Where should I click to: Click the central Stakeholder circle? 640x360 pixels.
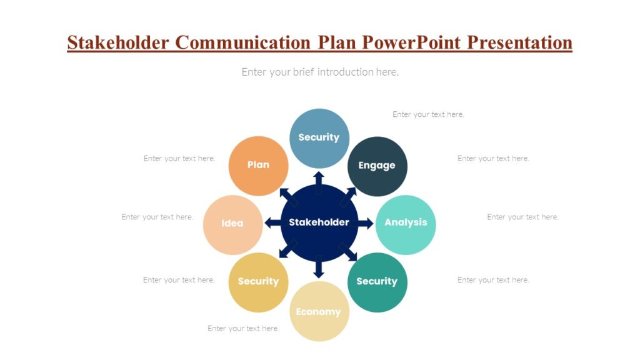(x=319, y=222)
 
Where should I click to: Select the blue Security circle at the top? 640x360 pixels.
(x=319, y=138)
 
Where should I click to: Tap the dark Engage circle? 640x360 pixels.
(x=377, y=166)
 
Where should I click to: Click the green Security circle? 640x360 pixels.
(x=377, y=282)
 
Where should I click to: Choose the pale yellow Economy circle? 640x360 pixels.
(x=319, y=312)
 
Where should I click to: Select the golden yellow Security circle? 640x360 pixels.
(x=258, y=282)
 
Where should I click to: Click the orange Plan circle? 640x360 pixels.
(x=258, y=166)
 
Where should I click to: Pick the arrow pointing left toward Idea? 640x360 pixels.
(x=272, y=222)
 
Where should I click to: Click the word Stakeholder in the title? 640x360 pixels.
(x=118, y=42)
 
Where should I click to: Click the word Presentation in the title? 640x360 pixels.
(x=520, y=42)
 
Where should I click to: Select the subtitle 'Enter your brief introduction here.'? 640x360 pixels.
(x=320, y=72)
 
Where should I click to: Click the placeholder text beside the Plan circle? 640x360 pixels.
(x=179, y=159)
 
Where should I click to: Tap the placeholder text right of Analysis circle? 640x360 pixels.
(x=522, y=217)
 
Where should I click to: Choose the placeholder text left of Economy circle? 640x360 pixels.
(x=243, y=329)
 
